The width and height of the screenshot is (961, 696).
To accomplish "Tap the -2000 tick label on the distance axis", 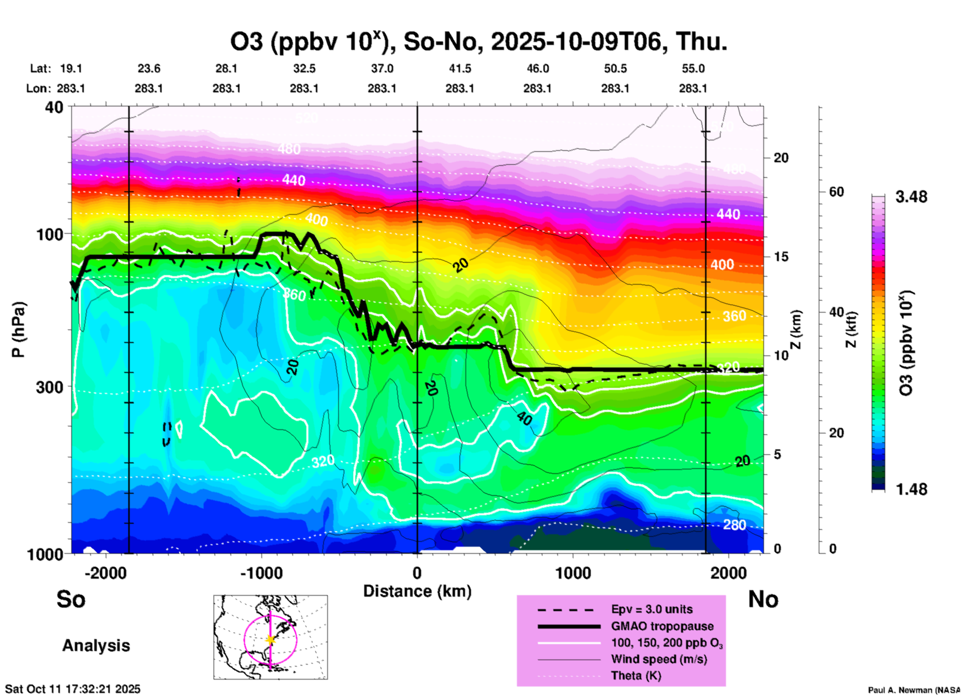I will click(x=105, y=573).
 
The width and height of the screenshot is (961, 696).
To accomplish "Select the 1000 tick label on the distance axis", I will click(x=573, y=573).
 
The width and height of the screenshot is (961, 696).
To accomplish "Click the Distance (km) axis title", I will click(x=417, y=591).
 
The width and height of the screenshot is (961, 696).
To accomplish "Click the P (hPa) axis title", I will click(x=18, y=330).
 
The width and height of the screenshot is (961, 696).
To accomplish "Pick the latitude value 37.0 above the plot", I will click(x=382, y=68).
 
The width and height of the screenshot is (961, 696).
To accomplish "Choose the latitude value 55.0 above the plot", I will click(x=693, y=68).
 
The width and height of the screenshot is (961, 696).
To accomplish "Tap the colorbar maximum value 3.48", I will click(x=911, y=197).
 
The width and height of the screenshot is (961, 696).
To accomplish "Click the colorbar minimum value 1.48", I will click(x=911, y=489).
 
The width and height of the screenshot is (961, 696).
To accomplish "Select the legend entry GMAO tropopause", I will click(x=662, y=626).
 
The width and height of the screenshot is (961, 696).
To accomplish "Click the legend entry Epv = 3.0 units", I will click(x=652, y=609).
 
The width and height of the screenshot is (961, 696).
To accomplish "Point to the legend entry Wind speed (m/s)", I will click(x=659, y=659).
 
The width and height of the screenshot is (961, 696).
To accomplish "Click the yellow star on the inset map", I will click(x=270, y=640).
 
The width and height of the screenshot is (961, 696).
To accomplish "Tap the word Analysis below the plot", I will click(x=96, y=646).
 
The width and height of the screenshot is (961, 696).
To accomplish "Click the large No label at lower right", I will click(x=763, y=599).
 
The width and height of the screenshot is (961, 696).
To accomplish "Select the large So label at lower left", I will click(x=71, y=599).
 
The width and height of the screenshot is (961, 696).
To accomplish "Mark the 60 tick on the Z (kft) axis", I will click(x=836, y=192).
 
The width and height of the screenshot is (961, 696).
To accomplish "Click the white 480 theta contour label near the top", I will click(x=289, y=149).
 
